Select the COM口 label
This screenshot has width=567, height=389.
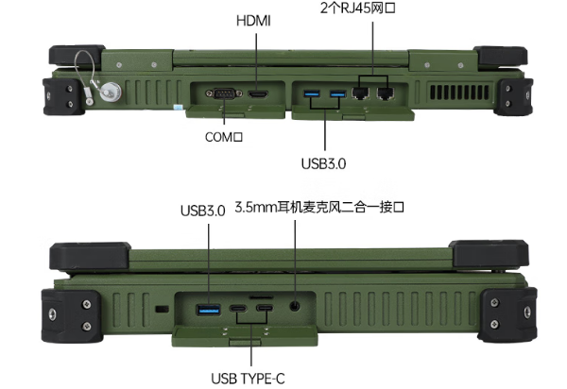click(x=225, y=137)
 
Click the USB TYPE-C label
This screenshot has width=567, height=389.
click(x=249, y=379)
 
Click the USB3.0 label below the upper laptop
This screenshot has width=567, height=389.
click(x=324, y=163)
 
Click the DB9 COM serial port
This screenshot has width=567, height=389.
click(x=225, y=93)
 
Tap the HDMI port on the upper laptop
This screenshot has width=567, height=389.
click(x=257, y=93)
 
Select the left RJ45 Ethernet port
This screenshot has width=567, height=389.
click(x=360, y=93)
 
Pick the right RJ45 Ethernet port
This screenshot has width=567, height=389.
click(x=386, y=93)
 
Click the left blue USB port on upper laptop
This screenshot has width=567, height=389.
click(x=313, y=93)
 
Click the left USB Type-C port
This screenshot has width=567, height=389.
click(x=238, y=310)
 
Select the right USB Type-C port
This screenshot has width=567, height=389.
click(x=266, y=310)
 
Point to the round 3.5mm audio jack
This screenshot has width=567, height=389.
click(x=296, y=307)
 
